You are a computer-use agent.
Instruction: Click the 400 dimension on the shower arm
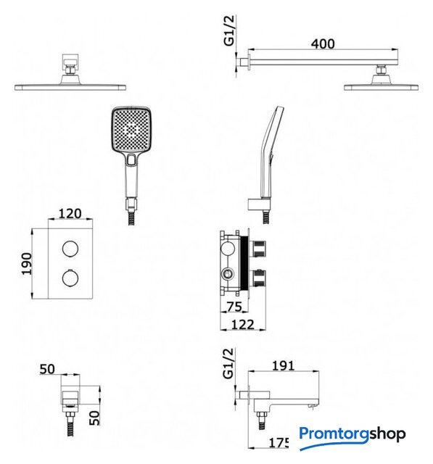[323, 43]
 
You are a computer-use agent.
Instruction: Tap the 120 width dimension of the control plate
[70, 213]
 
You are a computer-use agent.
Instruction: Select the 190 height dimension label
[26, 264]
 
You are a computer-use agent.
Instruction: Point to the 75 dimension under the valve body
[234, 307]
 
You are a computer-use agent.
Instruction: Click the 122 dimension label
[242, 325]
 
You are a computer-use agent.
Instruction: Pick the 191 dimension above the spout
[284, 366]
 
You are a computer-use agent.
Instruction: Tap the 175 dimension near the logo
[279, 443]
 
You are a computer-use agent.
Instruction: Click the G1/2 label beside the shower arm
[229, 30]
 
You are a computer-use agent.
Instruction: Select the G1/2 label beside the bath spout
[228, 364]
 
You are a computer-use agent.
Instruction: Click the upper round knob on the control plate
[70, 248]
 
